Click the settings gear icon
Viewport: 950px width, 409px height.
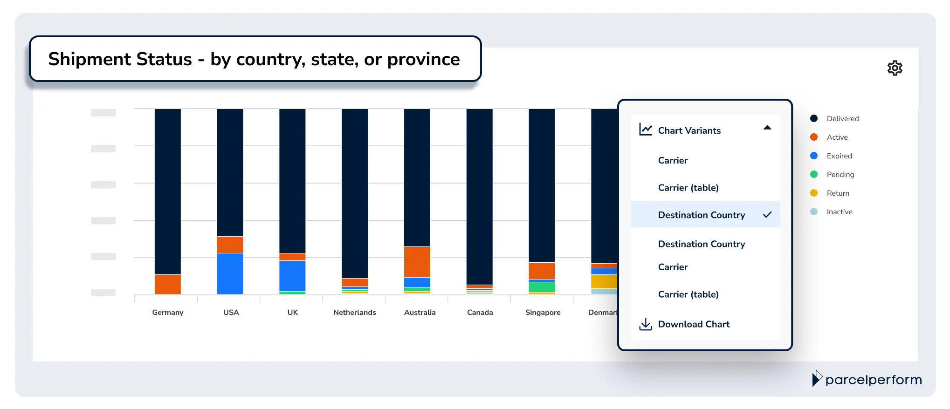coord(895,68)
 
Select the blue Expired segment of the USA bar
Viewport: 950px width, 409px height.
coord(230,273)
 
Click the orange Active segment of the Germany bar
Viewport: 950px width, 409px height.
coord(167,284)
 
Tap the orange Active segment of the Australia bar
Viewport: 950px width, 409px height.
coord(417,262)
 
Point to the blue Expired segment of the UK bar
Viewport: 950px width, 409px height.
coord(292,276)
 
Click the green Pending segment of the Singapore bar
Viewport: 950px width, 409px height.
coord(542,287)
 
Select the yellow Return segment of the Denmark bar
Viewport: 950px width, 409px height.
coord(604,281)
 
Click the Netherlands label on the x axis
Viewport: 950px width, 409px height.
coord(354,313)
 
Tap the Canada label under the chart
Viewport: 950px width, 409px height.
coord(480,313)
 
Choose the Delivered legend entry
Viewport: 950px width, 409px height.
coord(842,119)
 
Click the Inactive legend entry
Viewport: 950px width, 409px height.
coord(839,212)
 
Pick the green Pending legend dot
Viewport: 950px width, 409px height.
coord(814,174)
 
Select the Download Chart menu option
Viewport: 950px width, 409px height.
coord(694,324)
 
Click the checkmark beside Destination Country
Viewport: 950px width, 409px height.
coord(767,215)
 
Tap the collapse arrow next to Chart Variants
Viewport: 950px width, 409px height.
coord(767,128)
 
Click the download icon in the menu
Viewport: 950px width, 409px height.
coord(646,324)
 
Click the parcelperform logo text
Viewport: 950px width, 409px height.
coord(873,380)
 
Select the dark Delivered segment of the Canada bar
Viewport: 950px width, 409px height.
coord(479,196)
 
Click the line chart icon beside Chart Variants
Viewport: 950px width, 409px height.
coord(646,130)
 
